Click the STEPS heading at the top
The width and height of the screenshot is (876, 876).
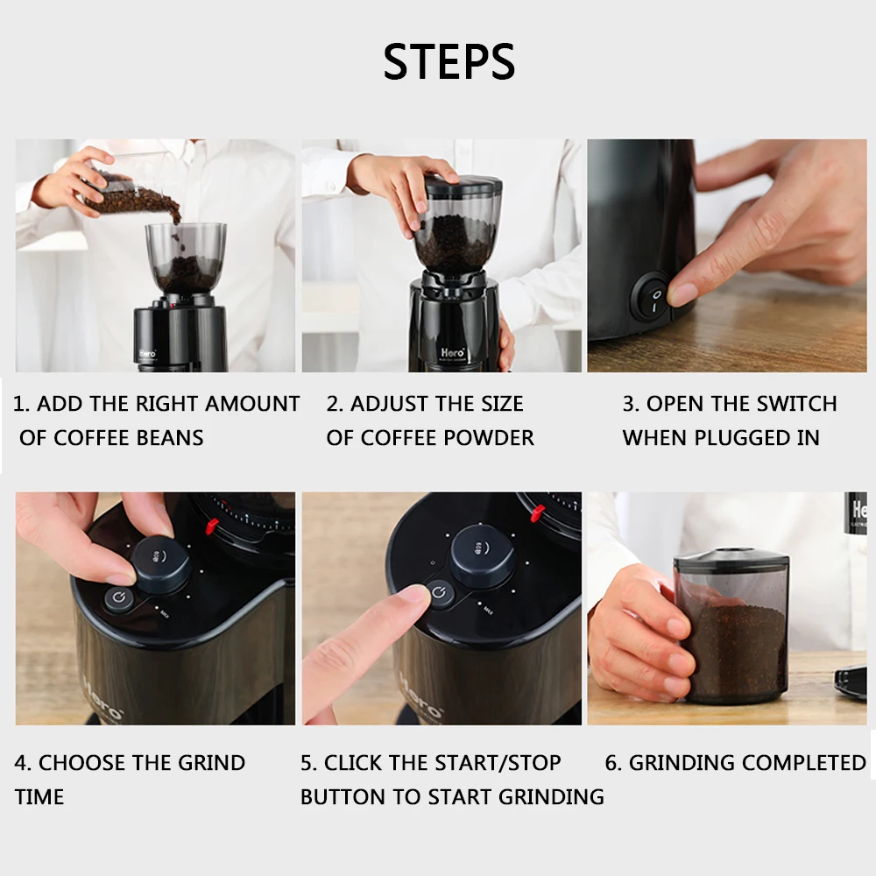[x=449, y=61]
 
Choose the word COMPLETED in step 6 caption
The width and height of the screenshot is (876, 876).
[x=804, y=763]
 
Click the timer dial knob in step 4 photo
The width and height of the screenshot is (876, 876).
[x=161, y=564]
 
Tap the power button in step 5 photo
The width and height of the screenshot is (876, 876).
[x=440, y=592]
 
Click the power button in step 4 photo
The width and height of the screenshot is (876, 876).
[x=119, y=599]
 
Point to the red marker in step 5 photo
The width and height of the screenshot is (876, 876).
[x=537, y=513]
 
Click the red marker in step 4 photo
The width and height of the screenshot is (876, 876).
[x=212, y=526]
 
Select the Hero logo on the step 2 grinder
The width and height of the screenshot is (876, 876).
[x=452, y=352]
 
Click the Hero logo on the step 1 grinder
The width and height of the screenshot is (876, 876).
[x=147, y=354]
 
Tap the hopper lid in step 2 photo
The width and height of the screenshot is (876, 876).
[x=463, y=183]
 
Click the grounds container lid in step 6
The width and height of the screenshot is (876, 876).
[x=731, y=560]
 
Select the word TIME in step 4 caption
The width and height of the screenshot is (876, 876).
[x=39, y=797]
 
